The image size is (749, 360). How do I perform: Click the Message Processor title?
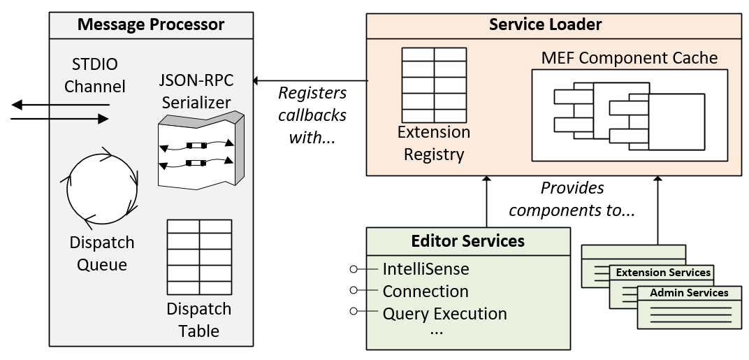coord(150,25)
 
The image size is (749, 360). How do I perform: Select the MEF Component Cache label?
coord(629,58)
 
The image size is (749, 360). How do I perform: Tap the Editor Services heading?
coord(467,242)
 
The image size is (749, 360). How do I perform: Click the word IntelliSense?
coord(426,268)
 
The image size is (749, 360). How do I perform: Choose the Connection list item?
coord(426,291)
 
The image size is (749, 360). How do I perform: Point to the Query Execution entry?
coord(444,313)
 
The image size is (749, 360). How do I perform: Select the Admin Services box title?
coord(688,293)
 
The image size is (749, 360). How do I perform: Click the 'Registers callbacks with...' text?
coord(312,115)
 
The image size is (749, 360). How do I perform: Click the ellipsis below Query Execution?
coord(436,331)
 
